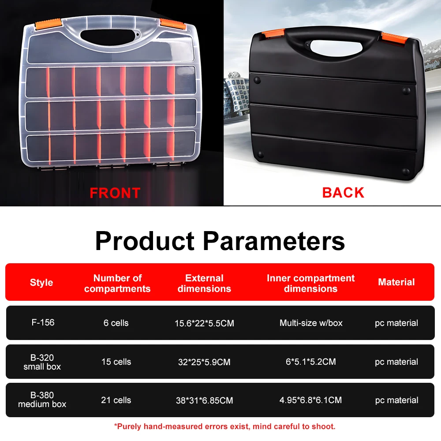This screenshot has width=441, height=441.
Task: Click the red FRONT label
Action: click(115, 193)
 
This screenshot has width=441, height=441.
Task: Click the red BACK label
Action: click(343, 192)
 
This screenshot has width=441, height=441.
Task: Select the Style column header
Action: click(41, 283)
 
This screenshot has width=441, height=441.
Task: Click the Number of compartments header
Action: click(117, 283)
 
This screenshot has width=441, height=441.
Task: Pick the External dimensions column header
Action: click(204, 283)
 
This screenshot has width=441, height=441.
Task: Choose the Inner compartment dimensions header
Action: click(310, 283)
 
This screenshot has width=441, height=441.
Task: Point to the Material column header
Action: click(396, 282)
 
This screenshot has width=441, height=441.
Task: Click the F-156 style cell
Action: click(43, 322)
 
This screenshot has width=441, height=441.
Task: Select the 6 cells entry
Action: click(116, 323)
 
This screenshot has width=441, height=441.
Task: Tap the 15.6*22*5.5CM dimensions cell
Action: click(204, 323)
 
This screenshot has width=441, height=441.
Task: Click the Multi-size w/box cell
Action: click(311, 323)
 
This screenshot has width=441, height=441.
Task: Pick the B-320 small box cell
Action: click(42, 362)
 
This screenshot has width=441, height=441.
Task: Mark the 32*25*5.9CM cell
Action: click(204, 362)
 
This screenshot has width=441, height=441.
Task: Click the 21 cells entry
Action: click(116, 400)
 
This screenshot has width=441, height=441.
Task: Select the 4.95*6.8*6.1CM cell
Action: click(310, 400)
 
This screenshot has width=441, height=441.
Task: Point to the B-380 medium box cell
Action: click(42, 400)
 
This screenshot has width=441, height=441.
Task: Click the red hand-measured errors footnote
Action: click(225, 426)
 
